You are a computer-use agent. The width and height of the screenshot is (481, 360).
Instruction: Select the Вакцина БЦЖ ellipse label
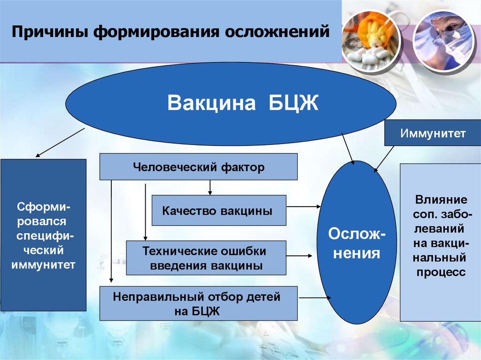point(243,103)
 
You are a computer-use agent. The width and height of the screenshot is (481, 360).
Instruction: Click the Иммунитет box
point(433,133)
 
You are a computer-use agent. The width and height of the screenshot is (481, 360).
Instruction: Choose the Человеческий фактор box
point(198,167)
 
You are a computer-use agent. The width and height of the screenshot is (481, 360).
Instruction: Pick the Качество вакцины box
point(218,211)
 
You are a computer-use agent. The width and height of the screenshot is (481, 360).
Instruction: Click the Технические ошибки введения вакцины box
point(206,258)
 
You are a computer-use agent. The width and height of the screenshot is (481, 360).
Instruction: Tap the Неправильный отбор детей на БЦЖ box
point(198,303)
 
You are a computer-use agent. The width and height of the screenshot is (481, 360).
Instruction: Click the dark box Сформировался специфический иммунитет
point(43,235)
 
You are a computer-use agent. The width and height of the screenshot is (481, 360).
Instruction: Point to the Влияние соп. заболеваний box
point(440,242)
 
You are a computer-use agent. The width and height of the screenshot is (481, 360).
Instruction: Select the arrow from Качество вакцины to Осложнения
point(303,206)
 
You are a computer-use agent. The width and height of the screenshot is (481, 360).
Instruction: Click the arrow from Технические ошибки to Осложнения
point(300,256)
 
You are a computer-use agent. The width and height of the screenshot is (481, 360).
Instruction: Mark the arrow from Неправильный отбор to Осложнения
point(315,298)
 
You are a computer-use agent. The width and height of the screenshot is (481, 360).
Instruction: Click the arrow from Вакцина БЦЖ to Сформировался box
point(60,142)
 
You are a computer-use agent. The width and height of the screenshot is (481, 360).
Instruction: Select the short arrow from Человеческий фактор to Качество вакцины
point(210,187)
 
